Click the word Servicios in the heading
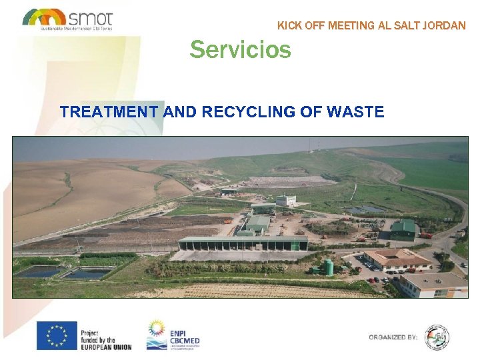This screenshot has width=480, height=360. pos(240,49)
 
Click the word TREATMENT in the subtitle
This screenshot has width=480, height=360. pos(109,112)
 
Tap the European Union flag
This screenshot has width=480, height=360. pos(57,335)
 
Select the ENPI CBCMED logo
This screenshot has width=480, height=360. pos(173,335)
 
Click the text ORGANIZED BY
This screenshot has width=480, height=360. pos(393,337)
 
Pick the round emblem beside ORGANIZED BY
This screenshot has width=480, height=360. pos(437,337)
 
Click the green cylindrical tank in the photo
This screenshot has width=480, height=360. pos(328,267)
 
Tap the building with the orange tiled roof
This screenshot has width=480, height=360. pos(398,259)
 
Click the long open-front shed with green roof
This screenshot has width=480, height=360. pos(243,243)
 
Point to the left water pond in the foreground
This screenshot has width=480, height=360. pos(39,272)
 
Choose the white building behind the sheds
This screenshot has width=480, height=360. pos(286,199)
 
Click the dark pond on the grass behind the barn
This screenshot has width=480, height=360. pos(364,210)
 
